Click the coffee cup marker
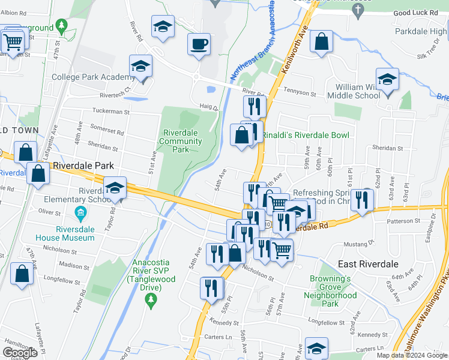199,44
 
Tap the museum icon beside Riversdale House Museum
80,212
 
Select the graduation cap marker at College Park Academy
140,67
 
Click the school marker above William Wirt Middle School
387,80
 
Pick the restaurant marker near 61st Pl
362,200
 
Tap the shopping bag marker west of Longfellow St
22,274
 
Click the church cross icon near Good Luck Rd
358,10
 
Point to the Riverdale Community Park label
180,141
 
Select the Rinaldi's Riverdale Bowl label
304,135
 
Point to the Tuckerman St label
110,111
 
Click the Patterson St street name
403,221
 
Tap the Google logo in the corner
20,353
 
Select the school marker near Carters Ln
316,348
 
